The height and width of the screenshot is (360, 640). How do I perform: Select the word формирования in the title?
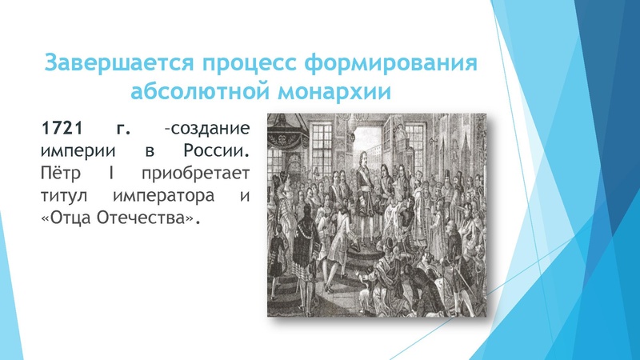[x=394, y=64]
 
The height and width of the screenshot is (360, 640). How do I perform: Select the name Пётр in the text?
[x=59, y=173]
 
